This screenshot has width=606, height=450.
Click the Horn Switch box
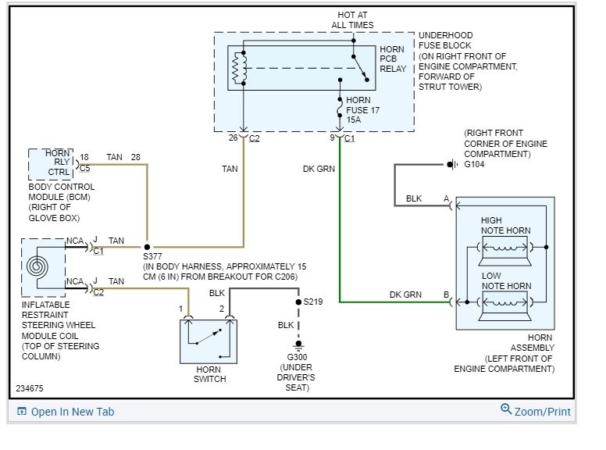point(208,341)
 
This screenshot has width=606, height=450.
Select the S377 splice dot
point(147,246)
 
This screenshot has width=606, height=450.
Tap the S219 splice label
point(313,301)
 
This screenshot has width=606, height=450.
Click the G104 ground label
point(474,166)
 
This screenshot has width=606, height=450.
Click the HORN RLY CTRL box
point(52,163)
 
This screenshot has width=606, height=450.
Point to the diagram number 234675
point(30,387)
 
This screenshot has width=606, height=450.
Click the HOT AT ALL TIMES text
point(352,20)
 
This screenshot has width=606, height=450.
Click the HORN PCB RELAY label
point(393,59)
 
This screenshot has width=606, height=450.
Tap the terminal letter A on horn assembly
point(447,198)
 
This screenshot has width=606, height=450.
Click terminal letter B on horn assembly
point(447,295)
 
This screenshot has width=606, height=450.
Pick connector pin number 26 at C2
point(233,138)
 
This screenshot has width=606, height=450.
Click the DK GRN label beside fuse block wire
point(319,168)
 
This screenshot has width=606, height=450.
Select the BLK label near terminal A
point(414,198)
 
